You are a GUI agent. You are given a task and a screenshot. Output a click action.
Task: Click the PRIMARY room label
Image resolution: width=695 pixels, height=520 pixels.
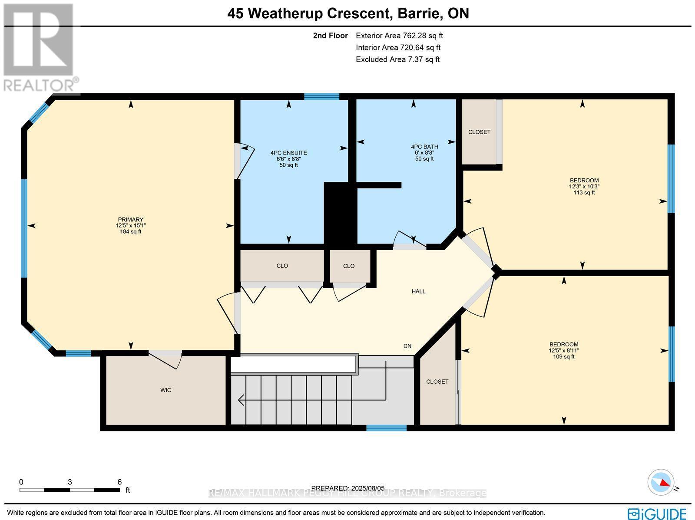tap(130, 220)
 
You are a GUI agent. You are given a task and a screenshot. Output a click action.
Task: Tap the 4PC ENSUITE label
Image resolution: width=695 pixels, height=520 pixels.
tap(288, 153)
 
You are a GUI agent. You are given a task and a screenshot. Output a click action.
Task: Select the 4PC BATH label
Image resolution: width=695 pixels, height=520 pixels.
tap(424, 147)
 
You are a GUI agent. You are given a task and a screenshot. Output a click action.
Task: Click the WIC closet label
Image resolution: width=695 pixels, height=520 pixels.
tap(165, 390)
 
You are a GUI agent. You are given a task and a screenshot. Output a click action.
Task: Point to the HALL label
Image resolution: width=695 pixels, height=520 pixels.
tap(418, 291)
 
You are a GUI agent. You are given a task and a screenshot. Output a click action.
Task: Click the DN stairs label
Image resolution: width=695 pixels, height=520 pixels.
tap(407, 346)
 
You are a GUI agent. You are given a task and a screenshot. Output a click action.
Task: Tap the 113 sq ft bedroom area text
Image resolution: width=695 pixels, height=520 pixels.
tap(584, 192)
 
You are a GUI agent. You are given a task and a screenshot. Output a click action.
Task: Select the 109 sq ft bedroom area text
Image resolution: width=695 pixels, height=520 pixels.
tap(563, 357)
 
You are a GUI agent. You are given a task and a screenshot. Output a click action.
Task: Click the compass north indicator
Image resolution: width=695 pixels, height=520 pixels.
tap(661, 482)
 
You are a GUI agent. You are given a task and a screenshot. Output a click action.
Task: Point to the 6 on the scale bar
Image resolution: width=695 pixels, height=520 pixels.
tap(119, 482)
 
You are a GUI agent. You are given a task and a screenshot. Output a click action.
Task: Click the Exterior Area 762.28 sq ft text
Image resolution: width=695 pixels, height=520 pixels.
tap(399, 36)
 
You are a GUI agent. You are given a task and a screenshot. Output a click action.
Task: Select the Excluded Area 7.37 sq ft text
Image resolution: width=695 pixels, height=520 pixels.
tap(397, 59)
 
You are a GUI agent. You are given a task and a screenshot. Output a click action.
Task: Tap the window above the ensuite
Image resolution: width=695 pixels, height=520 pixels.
tap(321, 96)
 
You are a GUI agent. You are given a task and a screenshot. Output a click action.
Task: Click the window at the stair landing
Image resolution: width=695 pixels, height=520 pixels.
tap(386, 428)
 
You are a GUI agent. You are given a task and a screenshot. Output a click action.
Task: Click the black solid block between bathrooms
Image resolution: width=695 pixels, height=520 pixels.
tap(340, 213)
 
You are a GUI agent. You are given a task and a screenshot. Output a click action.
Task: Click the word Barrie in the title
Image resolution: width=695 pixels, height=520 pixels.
tap(417, 13)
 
